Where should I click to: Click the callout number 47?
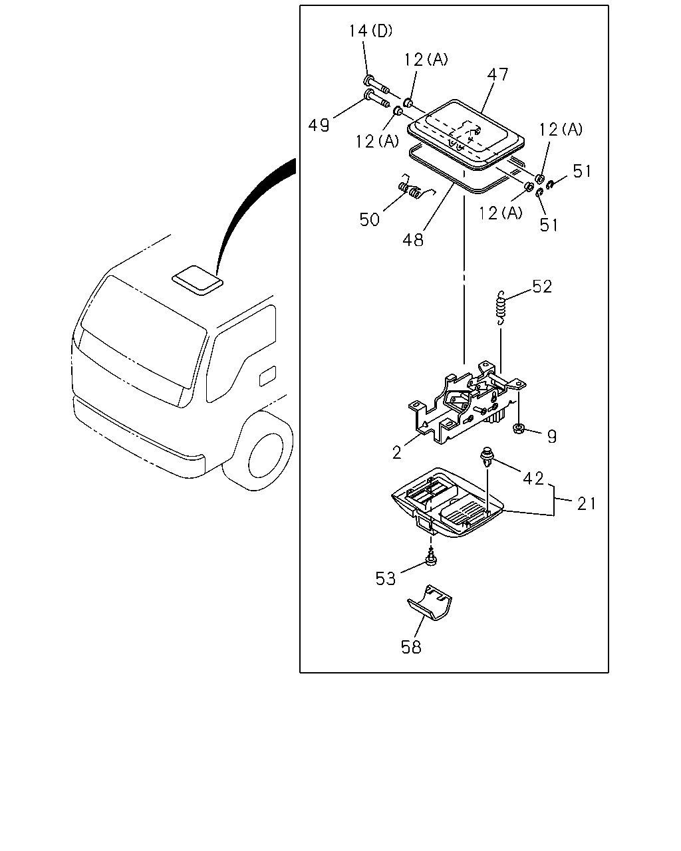(x=497, y=74)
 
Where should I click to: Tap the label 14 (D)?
(x=370, y=31)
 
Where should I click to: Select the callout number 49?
(x=319, y=126)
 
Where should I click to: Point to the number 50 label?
(x=369, y=219)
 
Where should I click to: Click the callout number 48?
(x=413, y=239)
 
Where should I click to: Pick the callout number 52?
(x=542, y=287)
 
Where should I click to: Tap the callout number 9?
(x=552, y=437)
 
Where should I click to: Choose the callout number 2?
(x=397, y=453)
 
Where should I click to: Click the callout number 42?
(x=533, y=479)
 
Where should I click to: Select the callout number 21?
(x=587, y=504)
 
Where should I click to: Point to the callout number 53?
(x=386, y=578)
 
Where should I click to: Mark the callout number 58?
(x=411, y=648)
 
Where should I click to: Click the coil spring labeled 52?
(x=501, y=308)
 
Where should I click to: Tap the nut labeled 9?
(x=518, y=428)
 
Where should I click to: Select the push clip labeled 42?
(x=486, y=457)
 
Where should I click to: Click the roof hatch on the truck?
(x=198, y=280)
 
